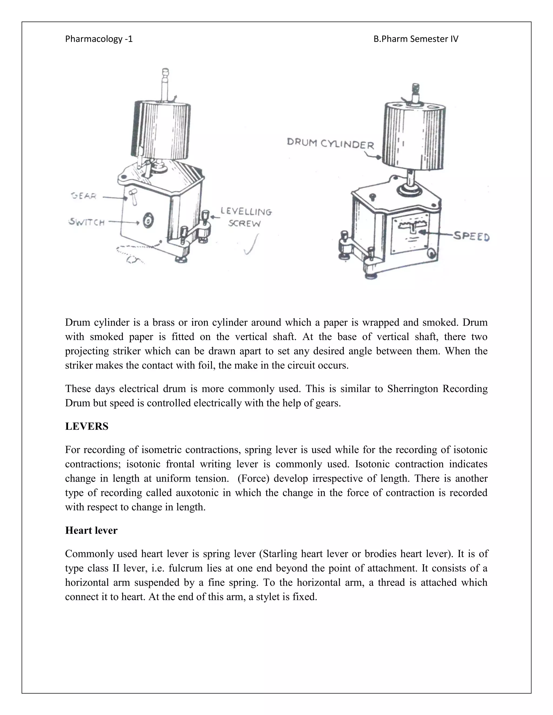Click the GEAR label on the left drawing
click(83, 196)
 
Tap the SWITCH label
click(87, 222)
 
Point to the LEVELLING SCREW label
click(246, 217)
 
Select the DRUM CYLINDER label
click(330, 144)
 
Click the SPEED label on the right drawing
click(471, 236)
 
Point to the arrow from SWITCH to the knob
click(124, 222)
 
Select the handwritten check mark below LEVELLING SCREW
click(252, 245)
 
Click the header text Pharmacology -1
click(99, 39)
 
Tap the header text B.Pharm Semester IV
click(416, 39)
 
